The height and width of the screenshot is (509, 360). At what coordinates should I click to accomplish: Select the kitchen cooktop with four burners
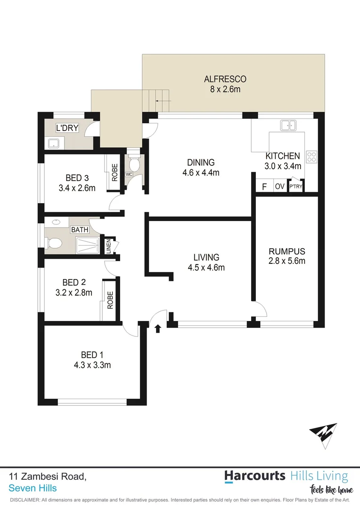tap(311, 156)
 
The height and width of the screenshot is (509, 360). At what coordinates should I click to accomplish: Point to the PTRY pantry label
tap(295, 187)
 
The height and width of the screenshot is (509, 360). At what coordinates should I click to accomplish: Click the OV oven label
tap(279, 187)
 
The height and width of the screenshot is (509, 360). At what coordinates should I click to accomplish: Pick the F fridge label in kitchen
tap(264, 187)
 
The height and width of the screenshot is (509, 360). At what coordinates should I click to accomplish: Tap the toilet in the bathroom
tap(54, 243)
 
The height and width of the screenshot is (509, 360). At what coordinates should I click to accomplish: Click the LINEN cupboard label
tap(108, 246)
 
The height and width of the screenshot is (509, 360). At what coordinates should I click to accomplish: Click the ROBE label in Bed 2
tap(110, 300)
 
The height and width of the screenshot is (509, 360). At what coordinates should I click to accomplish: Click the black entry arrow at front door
tap(157, 328)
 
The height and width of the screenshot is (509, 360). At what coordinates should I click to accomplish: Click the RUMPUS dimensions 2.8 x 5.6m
tap(287, 261)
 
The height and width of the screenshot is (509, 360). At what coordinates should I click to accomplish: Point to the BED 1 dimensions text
tap(92, 364)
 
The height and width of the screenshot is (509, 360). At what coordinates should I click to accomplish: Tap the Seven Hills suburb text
tap(33, 488)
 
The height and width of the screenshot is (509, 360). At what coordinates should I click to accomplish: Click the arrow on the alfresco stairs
tap(162, 101)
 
